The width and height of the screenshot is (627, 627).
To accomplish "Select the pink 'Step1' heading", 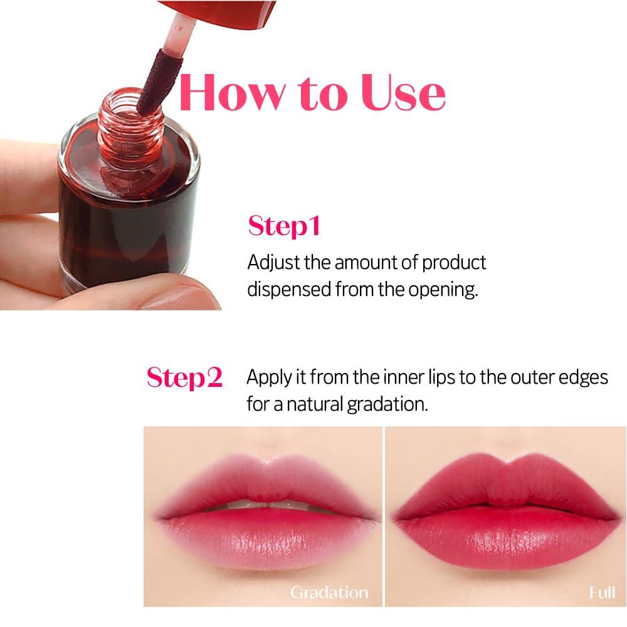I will tap(284, 226).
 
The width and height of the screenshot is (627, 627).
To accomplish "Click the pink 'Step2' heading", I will tap(184, 377).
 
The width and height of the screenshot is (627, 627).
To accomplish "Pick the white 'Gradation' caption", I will tap(329, 592).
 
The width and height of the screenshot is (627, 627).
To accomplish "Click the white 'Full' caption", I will tap(601, 592).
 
